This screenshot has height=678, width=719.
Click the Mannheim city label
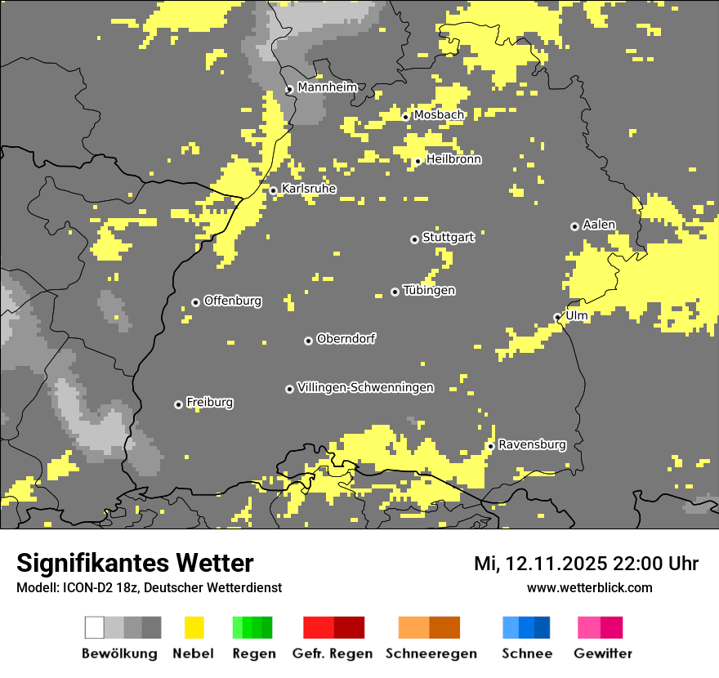pos(327,87)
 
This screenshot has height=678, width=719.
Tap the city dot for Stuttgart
pos(414,239)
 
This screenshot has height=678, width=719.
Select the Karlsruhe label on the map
pos(309,189)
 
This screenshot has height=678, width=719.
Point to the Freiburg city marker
pos(178,404)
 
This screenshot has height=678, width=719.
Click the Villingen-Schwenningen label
pos(365,387)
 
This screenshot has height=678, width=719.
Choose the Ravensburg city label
pos(532,444)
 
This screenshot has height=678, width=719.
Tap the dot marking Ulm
pos(557,318)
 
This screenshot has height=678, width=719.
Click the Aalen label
pos(599,225)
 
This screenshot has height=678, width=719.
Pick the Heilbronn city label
pos(453,159)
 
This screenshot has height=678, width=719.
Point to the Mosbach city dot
pos(405,117)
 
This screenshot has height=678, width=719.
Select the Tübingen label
pos(429,290)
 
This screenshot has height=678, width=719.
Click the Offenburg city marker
pos(195,302)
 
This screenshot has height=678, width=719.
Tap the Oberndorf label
pos(346,338)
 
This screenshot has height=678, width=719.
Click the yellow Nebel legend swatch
pos(194,627)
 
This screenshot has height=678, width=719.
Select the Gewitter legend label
pos(602,653)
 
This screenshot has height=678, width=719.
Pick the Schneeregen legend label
pos(431,653)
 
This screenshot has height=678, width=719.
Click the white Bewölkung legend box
pos(95,627)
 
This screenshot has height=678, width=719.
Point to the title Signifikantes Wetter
pos(135,563)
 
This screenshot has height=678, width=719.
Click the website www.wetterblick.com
pos(589,587)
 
